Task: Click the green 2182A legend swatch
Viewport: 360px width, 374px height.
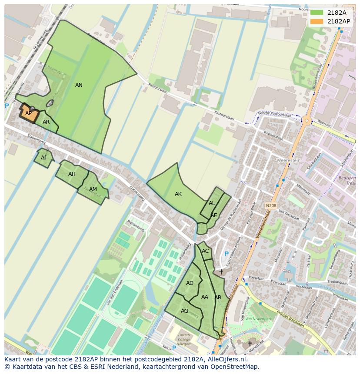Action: click(x=317, y=13)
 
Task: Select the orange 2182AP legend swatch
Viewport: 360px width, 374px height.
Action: click(x=317, y=21)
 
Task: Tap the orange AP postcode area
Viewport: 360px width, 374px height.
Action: click(x=29, y=113)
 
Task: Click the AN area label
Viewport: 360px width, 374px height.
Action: click(x=79, y=85)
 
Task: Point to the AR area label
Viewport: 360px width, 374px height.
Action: click(x=46, y=122)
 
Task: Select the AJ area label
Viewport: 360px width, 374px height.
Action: click(x=43, y=158)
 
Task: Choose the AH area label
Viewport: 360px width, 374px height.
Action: click(x=72, y=174)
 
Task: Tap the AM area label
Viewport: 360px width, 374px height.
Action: click(x=93, y=189)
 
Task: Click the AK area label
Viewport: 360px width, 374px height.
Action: click(x=178, y=194)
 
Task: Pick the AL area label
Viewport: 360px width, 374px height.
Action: click(x=212, y=203)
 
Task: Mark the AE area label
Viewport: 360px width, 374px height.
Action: click(x=213, y=215)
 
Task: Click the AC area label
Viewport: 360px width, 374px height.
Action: click(x=205, y=251)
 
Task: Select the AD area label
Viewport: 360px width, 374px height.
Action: click(x=190, y=283)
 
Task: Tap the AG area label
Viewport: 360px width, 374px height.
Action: click(x=185, y=311)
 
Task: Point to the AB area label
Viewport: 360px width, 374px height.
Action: click(x=218, y=298)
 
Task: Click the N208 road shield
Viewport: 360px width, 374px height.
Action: click(x=271, y=205)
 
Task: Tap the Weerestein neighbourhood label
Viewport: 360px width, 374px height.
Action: click(x=289, y=160)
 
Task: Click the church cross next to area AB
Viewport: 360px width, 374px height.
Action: click(x=221, y=272)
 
